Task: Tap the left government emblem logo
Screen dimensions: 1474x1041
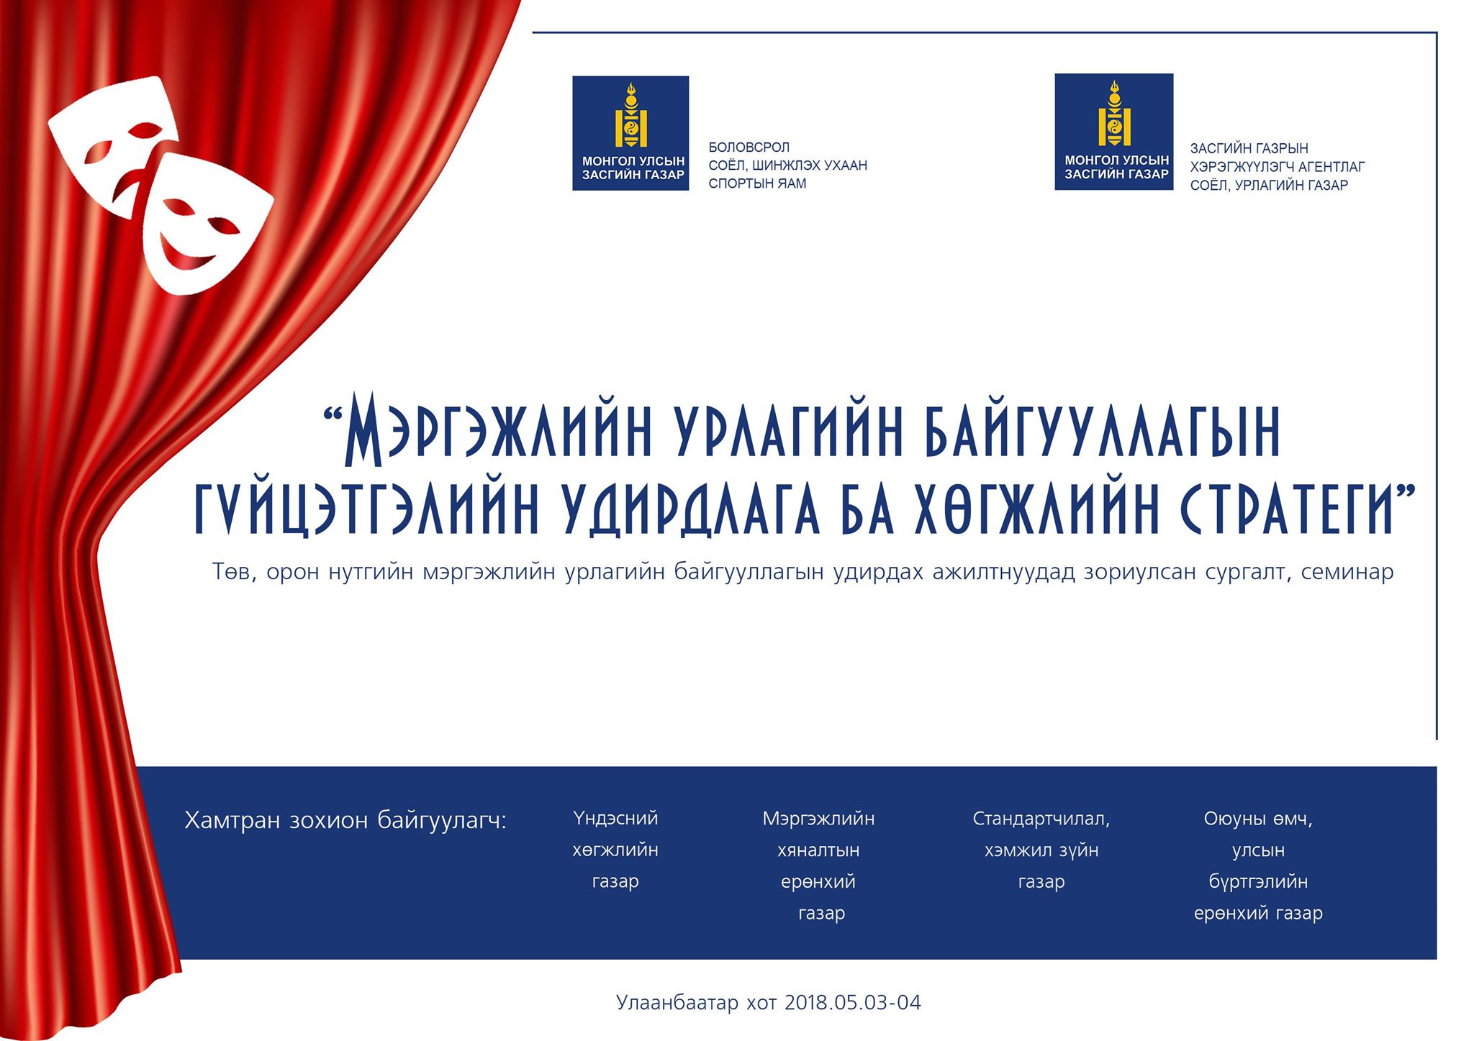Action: pos(630,133)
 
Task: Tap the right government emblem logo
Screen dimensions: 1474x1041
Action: pos(1114,132)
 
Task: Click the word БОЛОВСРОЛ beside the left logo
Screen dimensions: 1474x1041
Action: pos(749,147)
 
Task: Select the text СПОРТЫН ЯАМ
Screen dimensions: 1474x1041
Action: pos(757,183)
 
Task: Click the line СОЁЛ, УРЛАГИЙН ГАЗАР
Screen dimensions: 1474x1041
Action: pos(1269,186)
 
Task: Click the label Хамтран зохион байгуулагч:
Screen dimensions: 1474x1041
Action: pos(346,820)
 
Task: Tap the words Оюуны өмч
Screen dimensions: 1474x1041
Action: pos(1258,819)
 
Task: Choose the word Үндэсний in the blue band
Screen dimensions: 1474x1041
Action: pos(615,819)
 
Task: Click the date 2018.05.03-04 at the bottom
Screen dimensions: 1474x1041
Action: pos(853,1003)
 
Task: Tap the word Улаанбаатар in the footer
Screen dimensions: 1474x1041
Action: pos(677,1003)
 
